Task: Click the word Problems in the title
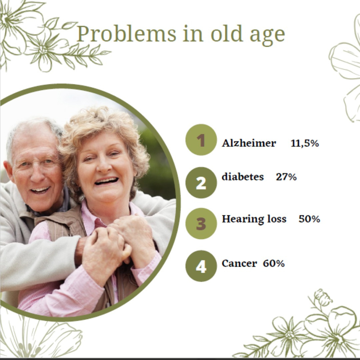coord(127,34)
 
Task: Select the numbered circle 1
coord(201,140)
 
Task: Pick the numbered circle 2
coord(201,183)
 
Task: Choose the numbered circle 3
coord(201,223)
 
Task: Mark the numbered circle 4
coord(201,266)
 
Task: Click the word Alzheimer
coord(249,143)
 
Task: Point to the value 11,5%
coord(305,143)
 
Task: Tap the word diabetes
coord(243,177)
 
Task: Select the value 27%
coord(286,177)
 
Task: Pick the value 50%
coord(309,219)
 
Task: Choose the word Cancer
coord(239,263)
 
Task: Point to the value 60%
coord(274,263)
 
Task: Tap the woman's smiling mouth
coord(106,181)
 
